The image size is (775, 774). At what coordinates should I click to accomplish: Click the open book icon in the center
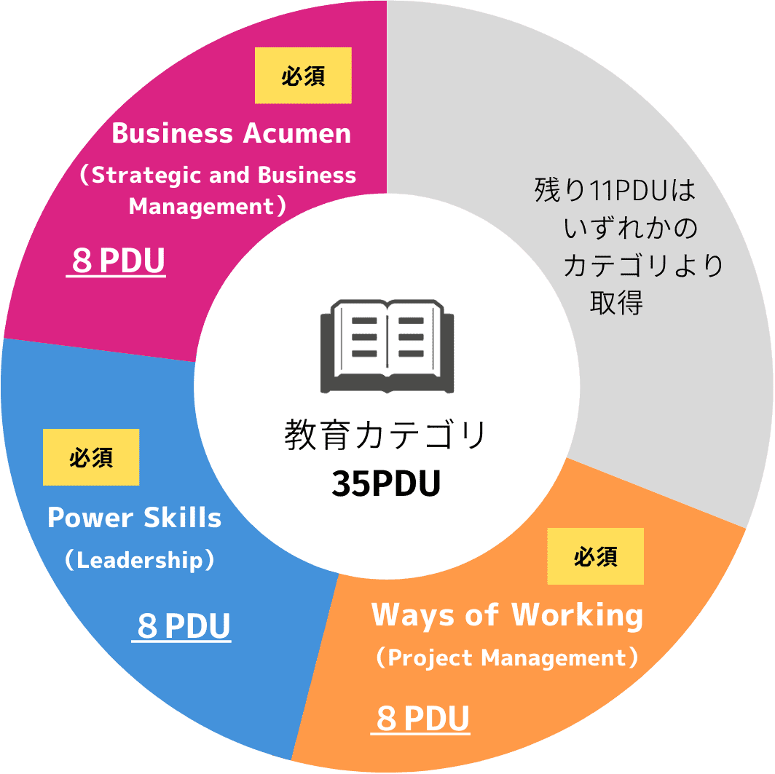tap(387, 345)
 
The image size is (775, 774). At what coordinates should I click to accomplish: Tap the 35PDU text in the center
tap(386, 483)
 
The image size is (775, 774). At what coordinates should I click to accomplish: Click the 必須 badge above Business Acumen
tap(303, 76)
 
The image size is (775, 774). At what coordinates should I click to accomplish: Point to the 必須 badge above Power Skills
tap(91, 457)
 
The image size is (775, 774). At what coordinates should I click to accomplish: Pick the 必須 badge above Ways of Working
tap(596, 557)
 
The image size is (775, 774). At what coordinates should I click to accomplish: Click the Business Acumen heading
tap(232, 134)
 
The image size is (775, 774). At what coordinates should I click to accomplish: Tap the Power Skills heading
tap(135, 518)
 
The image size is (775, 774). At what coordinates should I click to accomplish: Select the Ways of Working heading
tap(508, 615)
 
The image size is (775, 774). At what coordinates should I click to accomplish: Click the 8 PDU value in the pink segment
tap(118, 262)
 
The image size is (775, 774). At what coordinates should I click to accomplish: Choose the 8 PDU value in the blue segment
tap(183, 626)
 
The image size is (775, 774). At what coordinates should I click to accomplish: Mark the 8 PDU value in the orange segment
tap(422, 719)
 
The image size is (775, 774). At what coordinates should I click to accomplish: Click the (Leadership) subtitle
tap(138, 560)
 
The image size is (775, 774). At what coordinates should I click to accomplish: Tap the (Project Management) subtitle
tap(507, 658)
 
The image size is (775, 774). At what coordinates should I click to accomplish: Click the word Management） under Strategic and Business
tap(207, 207)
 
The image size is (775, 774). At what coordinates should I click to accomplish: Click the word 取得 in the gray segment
tap(616, 303)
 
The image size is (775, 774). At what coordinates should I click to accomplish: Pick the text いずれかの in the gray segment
tap(631, 229)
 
